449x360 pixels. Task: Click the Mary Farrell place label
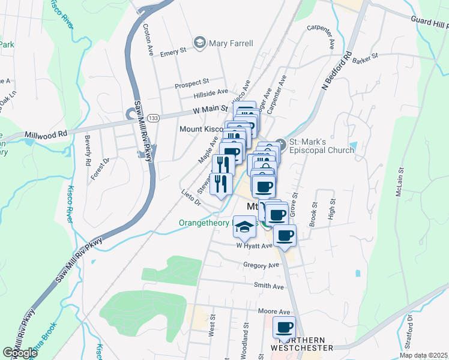[231, 43]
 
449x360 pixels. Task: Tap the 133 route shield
[154, 118]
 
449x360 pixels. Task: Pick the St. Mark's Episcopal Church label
[322, 146]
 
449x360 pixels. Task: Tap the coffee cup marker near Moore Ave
[284, 328]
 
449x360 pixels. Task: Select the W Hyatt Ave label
[255, 245]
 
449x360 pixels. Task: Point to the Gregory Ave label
[261, 265]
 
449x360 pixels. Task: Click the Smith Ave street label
[268, 286]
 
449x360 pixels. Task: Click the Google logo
[20, 353]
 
